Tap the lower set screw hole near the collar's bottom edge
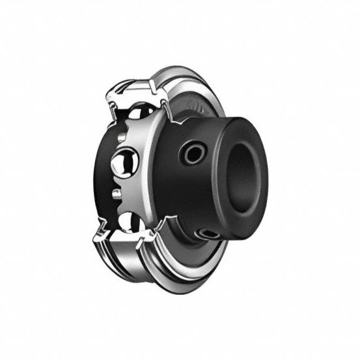tap(209, 232)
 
